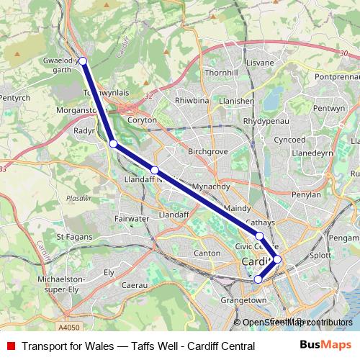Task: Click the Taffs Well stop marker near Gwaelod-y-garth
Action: click(83, 61)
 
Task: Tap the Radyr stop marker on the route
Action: click(113, 143)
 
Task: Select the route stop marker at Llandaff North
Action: click(155, 170)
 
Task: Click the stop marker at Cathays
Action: click(259, 235)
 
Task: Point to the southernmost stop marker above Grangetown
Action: click(258, 279)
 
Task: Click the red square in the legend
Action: click(11, 346)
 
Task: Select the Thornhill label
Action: click(220, 73)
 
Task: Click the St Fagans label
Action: click(71, 236)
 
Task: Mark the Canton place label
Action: click(207, 253)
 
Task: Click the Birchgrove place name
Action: click(208, 152)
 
